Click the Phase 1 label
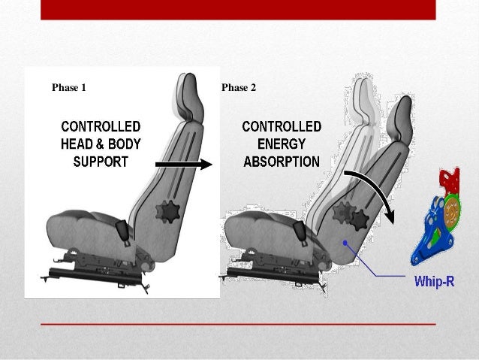(x=68, y=88)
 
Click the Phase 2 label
(x=239, y=88)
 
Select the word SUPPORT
(x=100, y=160)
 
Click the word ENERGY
(x=281, y=143)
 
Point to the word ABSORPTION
(x=281, y=160)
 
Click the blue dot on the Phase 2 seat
(x=345, y=243)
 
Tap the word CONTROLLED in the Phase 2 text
(x=281, y=126)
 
